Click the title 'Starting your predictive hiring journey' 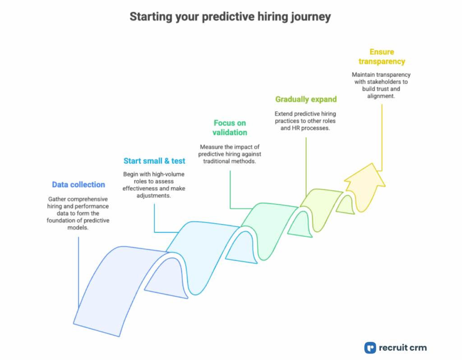coord(230,17)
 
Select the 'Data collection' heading coord(78,185)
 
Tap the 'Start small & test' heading coord(154,161)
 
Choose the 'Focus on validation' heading coord(230,127)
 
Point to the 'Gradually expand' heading coord(306,99)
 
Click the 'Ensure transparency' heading coord(381,57)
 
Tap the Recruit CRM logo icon coord(370,347)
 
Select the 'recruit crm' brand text coord(403,347)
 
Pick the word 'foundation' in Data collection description coord(63,220)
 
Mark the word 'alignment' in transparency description coord(381,96)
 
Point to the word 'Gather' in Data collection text coord(58,198)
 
